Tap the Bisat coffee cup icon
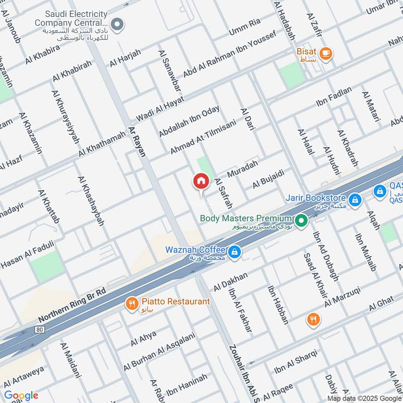[x=326, y=52]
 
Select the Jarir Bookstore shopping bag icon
[x=356, y=200]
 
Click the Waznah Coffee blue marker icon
[x=234, y=251]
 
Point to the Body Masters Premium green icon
[x=301, y=220]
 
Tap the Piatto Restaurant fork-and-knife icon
[x=131, y=303]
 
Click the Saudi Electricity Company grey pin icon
[x=117, y=24]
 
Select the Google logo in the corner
[x=21, y=395]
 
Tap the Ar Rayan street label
[x=137, y=141]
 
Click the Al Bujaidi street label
[x=268, y=180]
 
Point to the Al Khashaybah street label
[x=91, y=201]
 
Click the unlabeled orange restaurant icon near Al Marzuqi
[x=313, y=319]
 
